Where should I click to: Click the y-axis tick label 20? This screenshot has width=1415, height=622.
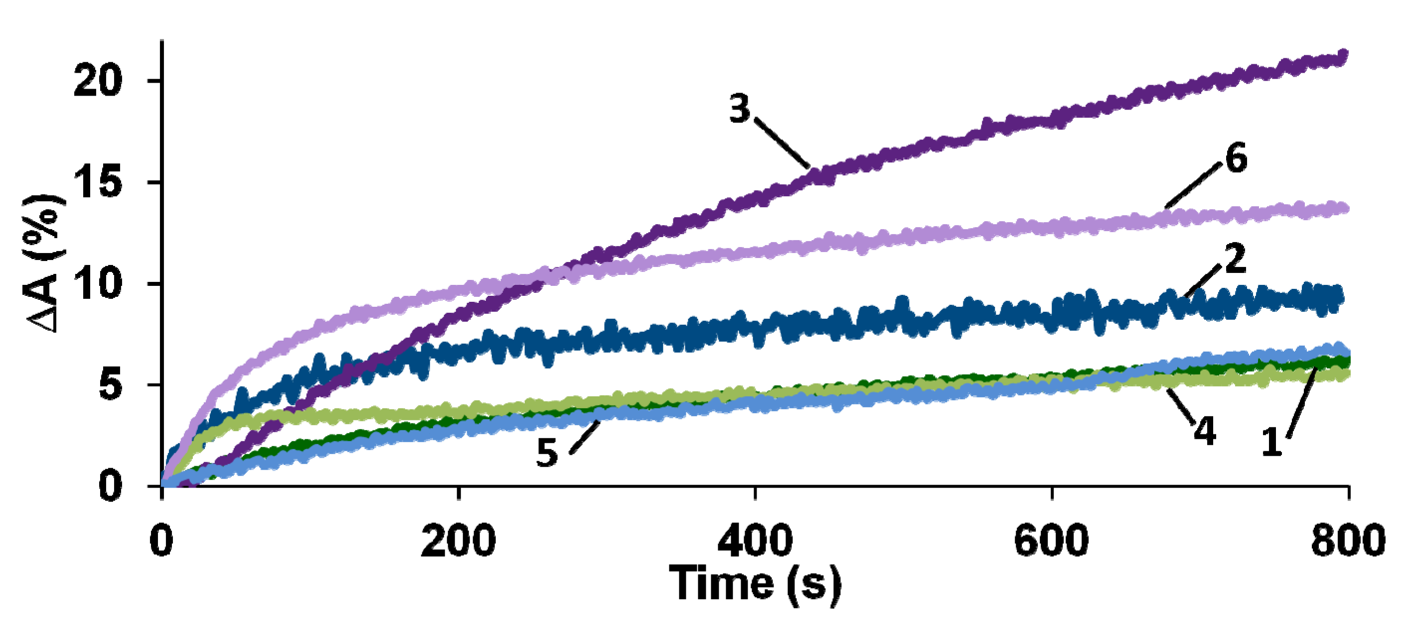(x=97, y=81)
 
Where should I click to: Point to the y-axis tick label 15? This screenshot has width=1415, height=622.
(x=97, y=182)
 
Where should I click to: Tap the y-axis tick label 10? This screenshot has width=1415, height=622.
(x=97, y=284)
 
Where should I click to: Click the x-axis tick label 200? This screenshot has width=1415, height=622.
(x=458, y=541)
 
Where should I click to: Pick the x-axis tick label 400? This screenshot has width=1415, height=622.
(x=755, y=541)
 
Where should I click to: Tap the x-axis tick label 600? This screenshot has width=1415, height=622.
(x=1051, y=541)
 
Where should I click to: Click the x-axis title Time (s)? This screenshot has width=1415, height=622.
(x=755, y=585)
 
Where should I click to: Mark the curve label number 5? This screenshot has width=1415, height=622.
(x=547, y=452)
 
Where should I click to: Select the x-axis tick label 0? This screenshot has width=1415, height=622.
(x=161, y=541)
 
